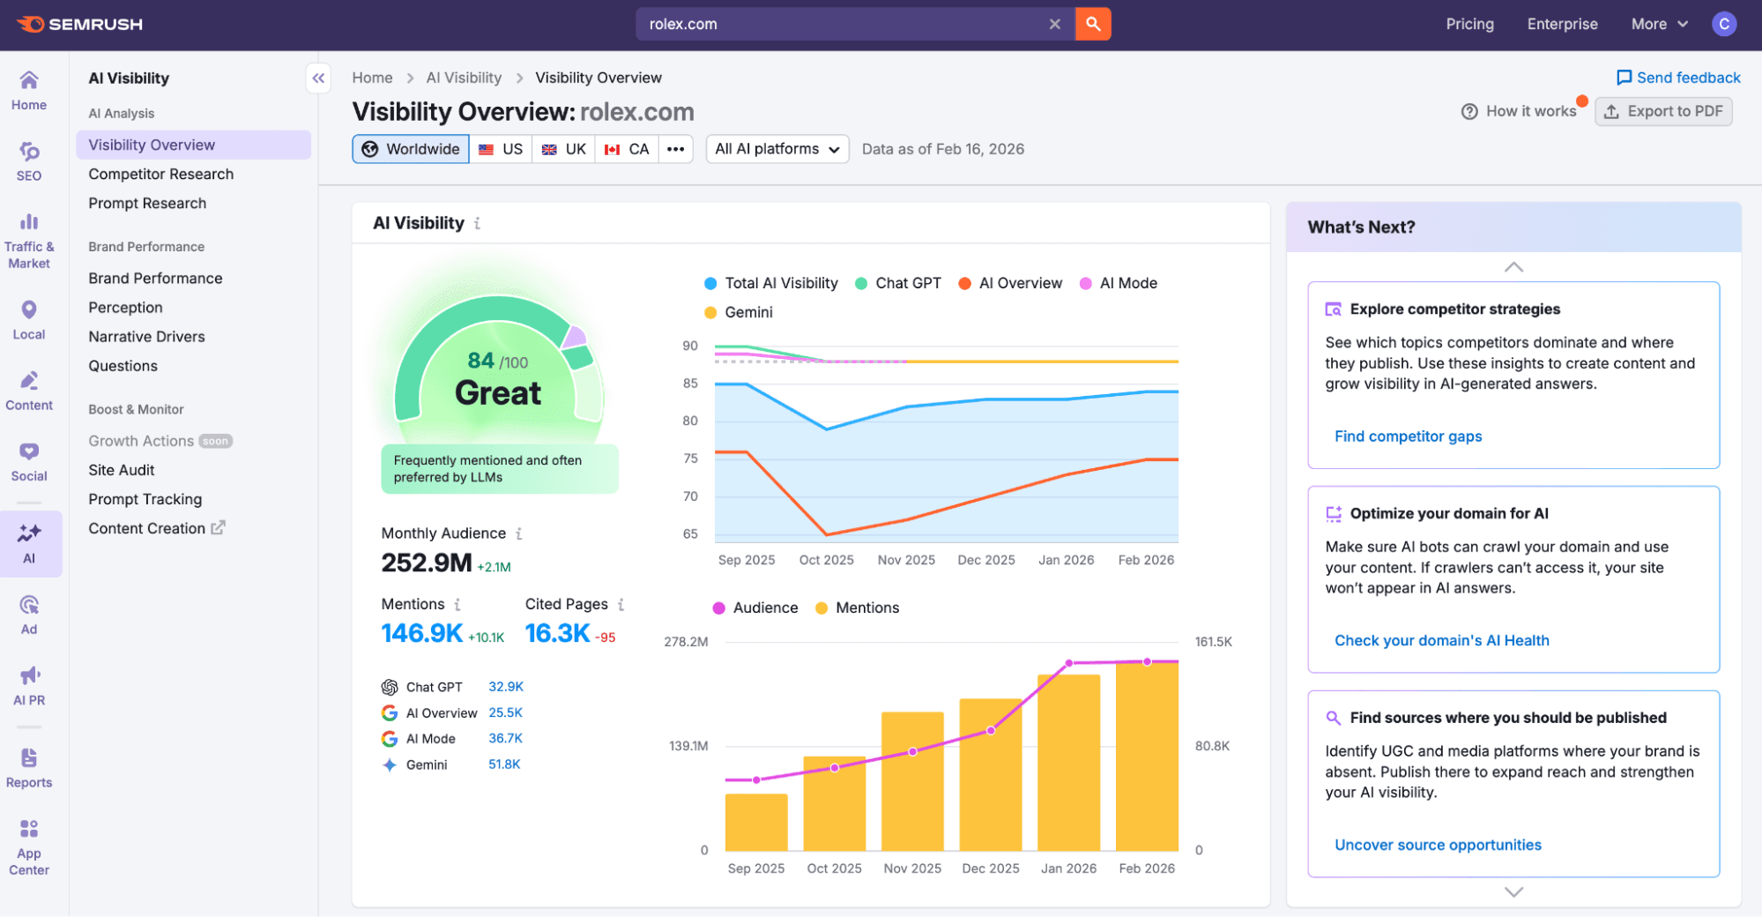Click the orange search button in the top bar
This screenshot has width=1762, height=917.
(x=1092, y=24)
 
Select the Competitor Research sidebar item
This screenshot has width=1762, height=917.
(x=160, y=174)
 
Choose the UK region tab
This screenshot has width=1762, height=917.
(x=564, y=149)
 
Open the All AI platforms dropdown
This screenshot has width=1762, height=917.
(x=777, y=149)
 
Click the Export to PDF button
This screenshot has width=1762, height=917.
(x=1662, y=111)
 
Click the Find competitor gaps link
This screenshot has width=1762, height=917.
(x=1407, y=436)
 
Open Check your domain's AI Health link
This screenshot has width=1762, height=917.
(x=1440, y=640)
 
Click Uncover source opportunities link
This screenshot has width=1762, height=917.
(x=1437, y=845)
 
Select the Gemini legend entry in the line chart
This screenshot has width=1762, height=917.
(x=739, y=312)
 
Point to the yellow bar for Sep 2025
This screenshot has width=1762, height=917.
(x=755, y=822)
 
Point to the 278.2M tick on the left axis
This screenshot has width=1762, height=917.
(x=686, y=642)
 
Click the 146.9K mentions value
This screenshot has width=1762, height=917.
(x=421, y=633)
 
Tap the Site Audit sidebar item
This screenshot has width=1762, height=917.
(x=122, y=470)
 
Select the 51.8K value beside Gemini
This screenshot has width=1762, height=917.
(x=504, y=764)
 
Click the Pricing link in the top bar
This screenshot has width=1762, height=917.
(x=1468, y=24)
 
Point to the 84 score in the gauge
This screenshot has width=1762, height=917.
(x=481, y=360)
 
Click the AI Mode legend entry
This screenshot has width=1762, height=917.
(x=1118, y=283)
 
